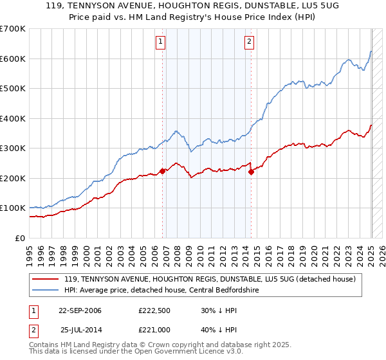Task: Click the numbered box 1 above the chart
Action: (160, 42)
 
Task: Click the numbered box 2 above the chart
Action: (249, 42)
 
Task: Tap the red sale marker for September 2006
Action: (162, 171)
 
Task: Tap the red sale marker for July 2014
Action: (251, 172)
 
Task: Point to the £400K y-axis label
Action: (13, 118)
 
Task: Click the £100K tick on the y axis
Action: (13, 208)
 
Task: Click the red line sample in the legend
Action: (46, 280)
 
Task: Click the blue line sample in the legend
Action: (46, 291)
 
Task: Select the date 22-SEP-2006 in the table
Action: (80, 310)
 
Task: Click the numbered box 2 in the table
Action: (33, 330)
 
